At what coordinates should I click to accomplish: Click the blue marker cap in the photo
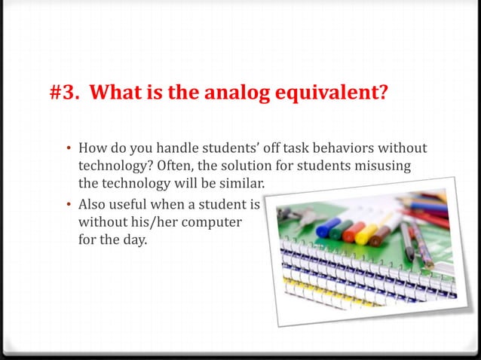[326, 227]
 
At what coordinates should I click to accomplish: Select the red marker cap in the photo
[352, 230]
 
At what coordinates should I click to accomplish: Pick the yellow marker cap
[366, 233]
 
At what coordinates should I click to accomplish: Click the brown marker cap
[381, 236]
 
